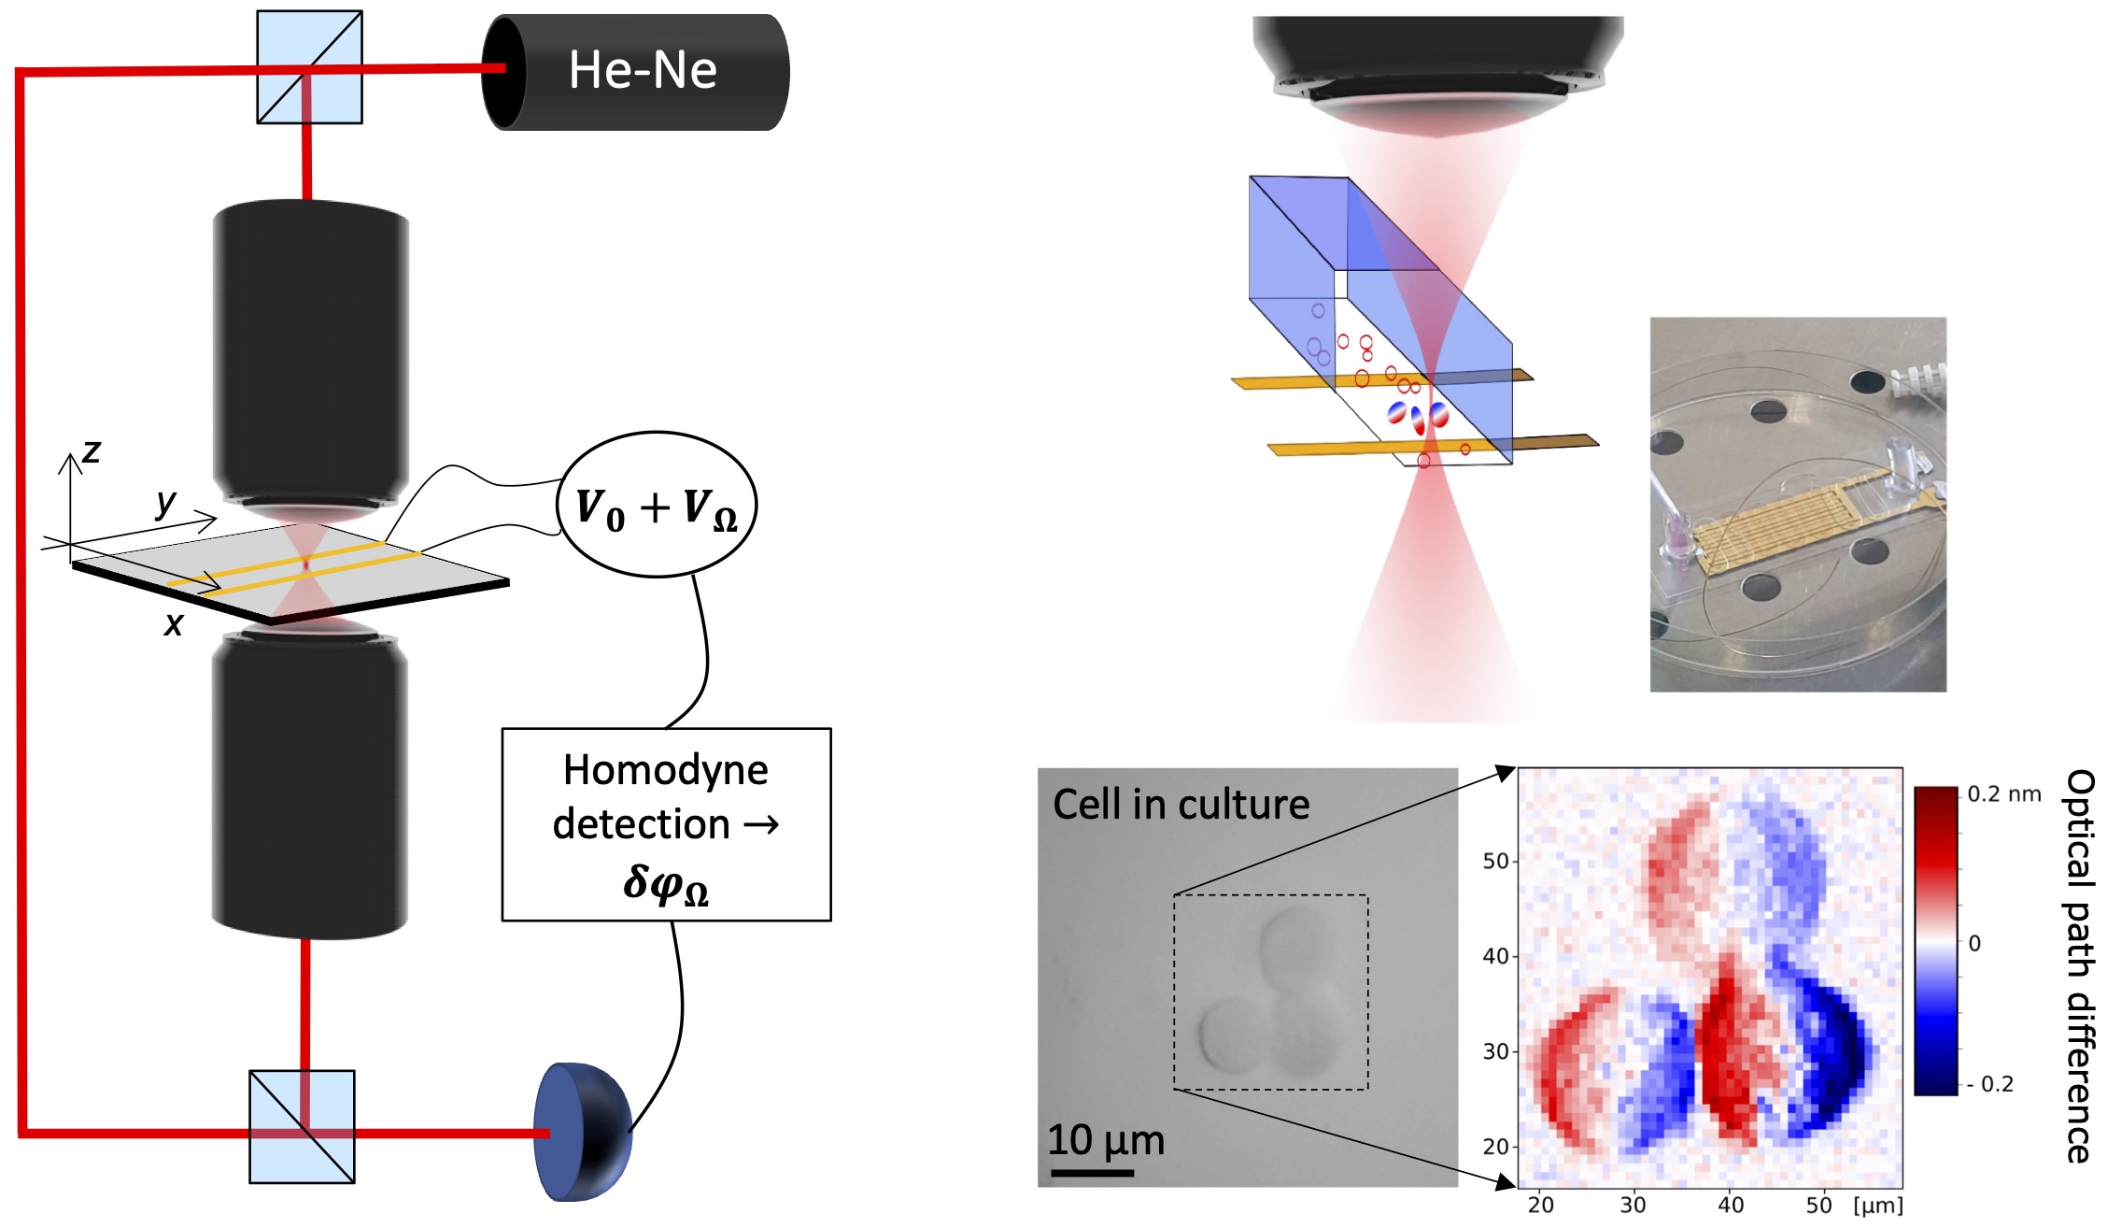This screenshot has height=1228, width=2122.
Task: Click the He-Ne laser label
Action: pos(643,70)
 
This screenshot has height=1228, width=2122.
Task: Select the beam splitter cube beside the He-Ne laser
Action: pos(309,67)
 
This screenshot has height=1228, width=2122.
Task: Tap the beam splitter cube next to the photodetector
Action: pos(302,1126)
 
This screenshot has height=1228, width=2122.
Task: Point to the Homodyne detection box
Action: pos(666,824)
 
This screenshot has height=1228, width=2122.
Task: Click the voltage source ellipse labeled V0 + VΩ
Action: pos(657,506)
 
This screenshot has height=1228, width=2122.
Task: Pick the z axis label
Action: pos(91,451)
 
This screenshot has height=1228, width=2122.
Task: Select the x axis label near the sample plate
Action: pos(174,623)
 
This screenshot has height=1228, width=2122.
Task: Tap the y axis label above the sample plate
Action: pos(165,502)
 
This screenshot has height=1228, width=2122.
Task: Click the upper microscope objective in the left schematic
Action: pos(311,355)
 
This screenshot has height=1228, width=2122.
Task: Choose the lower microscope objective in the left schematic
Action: pos(309,785)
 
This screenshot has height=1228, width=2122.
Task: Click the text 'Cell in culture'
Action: pos(1181,805)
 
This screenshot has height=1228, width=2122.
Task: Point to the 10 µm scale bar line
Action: pos(1091,1172)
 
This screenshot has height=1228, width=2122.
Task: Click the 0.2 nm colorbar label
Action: pos(2003,794)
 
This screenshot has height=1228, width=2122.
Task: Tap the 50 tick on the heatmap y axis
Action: pos(1495,861)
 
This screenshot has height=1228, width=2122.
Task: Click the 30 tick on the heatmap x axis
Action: pos(1633,1206)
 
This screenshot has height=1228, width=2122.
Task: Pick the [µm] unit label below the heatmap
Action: pos(1877,1206)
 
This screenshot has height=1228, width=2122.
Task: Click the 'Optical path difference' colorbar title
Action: pos(2080,965)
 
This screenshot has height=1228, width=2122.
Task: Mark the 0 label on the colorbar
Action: pos(1974,943)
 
